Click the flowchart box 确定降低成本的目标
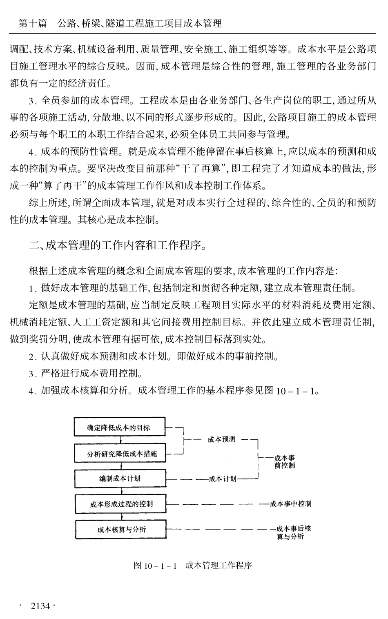click(119, 427)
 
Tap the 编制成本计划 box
click(120, 479)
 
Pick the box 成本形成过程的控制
click(121, 504)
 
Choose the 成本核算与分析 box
click(121, 530)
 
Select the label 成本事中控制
click(290, 504)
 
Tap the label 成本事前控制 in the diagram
click(285, 462)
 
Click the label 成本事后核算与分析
click(290, 532)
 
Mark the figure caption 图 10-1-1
click(155, 566)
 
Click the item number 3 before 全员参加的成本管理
click(31, 101)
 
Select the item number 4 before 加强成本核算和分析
click(31, 391)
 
